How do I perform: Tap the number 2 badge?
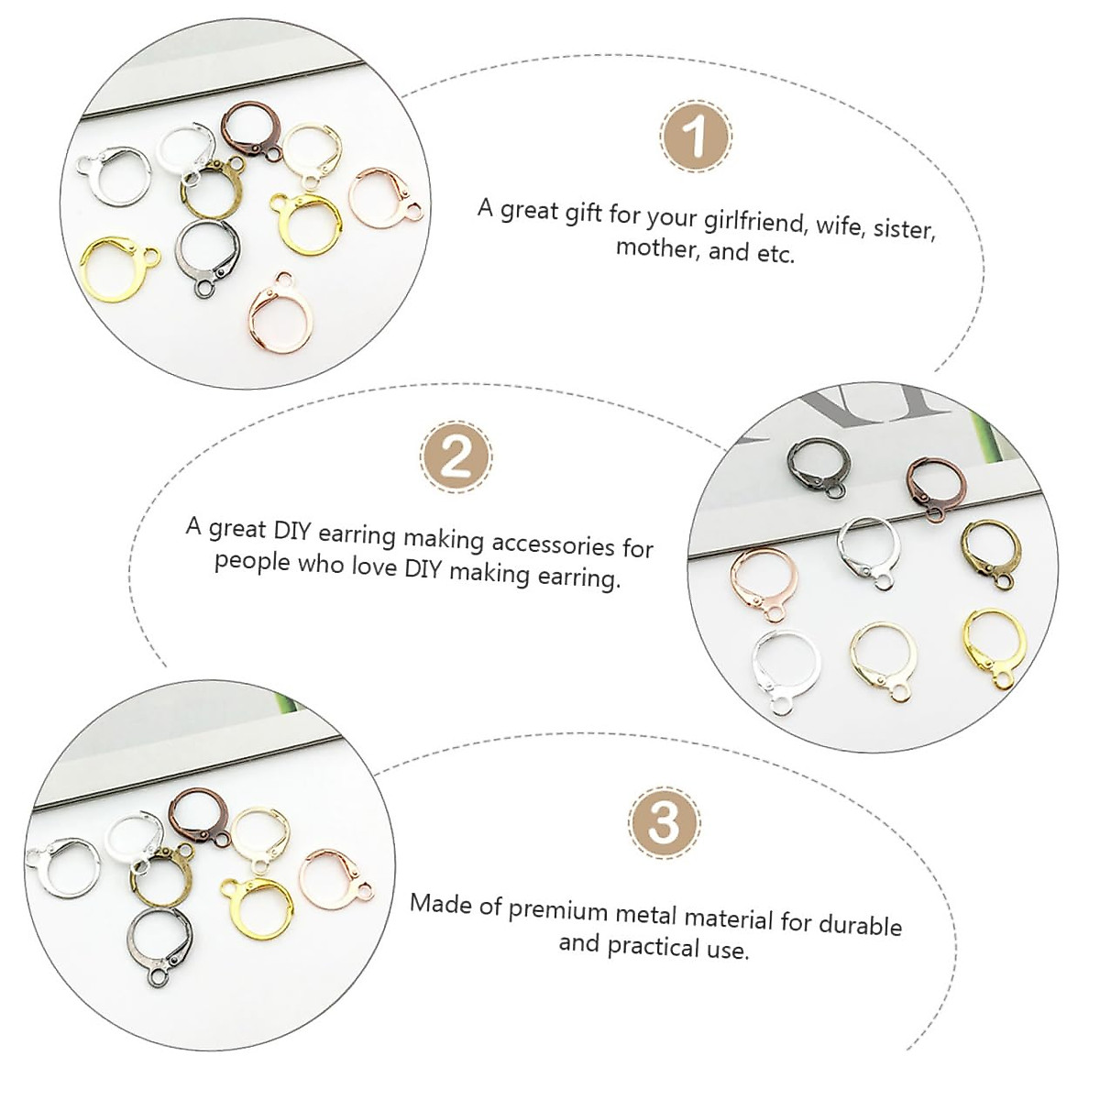pos(456,456)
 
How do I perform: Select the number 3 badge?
pos(664,821)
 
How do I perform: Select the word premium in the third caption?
pos(558,910)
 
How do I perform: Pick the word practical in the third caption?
pos(649,946)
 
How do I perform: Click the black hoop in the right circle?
pos(819,467)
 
